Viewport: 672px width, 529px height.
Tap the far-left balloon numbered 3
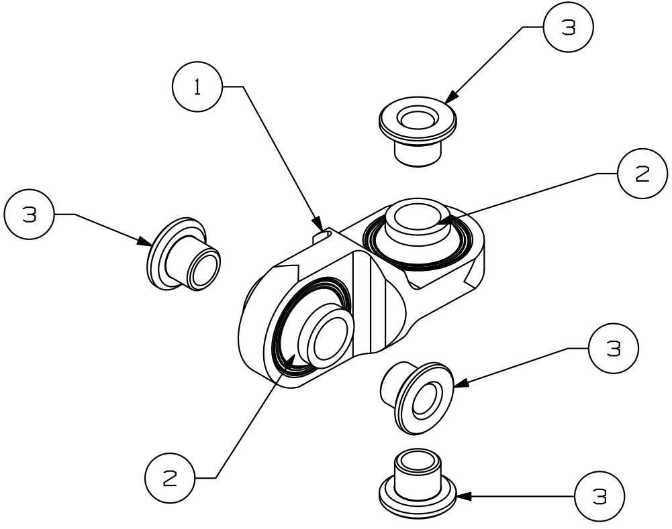[30, 215]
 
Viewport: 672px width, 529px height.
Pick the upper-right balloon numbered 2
[642, 173]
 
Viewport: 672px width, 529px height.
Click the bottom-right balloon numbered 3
[599, 497]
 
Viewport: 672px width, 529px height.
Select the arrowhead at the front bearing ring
[289, 361]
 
